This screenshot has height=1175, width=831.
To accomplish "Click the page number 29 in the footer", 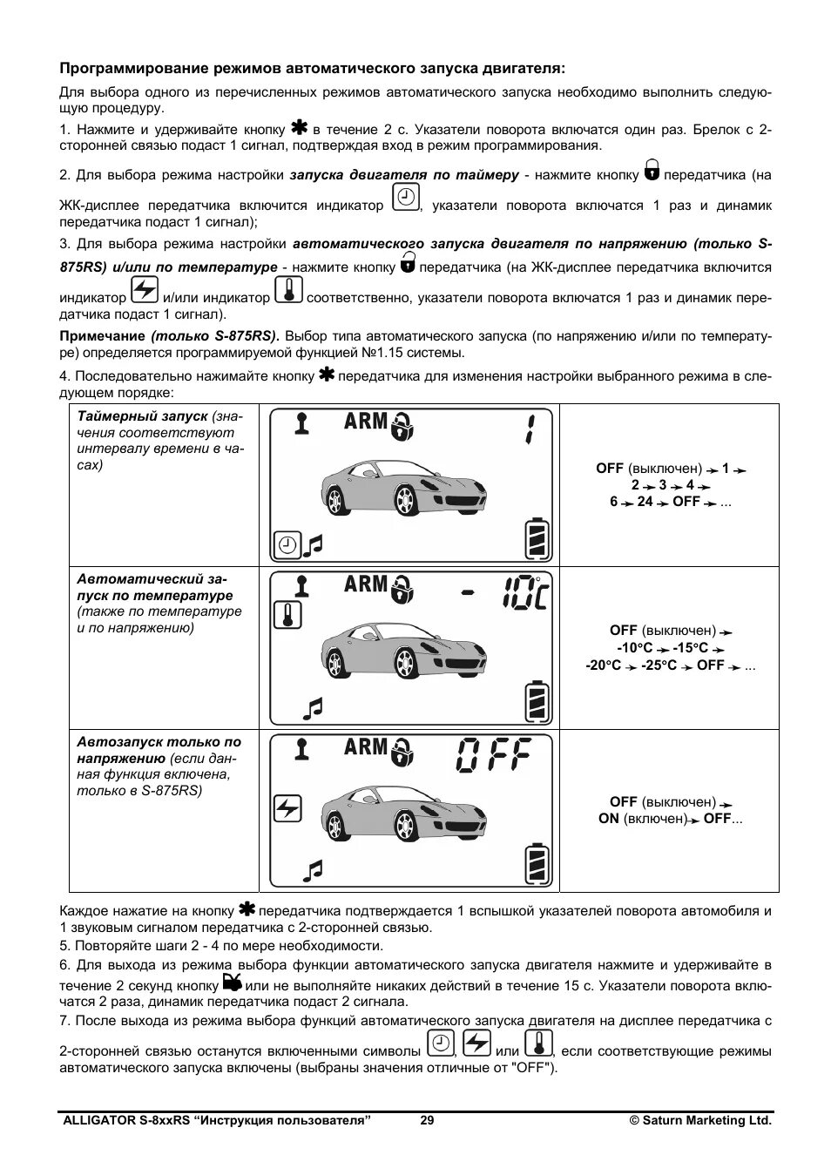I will [427, 1121].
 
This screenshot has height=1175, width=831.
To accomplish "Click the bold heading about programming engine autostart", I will [312, 68].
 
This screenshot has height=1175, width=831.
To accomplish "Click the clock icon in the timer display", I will [286, 545].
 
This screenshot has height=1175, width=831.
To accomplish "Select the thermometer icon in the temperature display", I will [287, 615].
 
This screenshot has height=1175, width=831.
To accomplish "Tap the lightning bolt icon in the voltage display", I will [287, 809].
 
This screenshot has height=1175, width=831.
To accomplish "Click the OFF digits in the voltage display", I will [493, 755].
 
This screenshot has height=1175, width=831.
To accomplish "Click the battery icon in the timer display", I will [537, 539].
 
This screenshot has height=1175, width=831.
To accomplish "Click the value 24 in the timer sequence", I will [645, 502].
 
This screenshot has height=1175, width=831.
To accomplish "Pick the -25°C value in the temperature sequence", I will [661, 665].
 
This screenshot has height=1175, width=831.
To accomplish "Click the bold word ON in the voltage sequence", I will [609, 819].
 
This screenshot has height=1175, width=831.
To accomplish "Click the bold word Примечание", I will [102, 336].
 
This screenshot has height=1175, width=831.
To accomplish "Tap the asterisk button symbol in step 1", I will [301, 126].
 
